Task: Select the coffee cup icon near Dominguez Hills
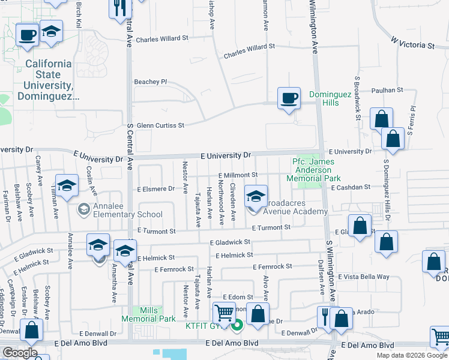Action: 289,98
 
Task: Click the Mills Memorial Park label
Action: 149,314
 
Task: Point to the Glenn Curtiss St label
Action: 152,125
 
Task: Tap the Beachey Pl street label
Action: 150,82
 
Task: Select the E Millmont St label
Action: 238,175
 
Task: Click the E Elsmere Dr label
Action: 155,188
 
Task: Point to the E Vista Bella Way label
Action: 364,277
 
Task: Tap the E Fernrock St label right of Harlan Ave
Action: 272,266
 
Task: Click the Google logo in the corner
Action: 20,353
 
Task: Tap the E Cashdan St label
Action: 351,188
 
